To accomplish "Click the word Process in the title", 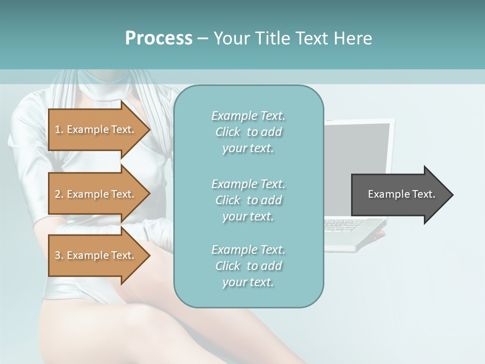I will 159,38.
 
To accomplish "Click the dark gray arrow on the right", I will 399,194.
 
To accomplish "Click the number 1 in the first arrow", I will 58,129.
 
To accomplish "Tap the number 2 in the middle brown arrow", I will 58,194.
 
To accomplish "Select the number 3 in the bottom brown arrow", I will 58,255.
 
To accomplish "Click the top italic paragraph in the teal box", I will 248,132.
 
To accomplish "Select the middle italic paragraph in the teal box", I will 248,200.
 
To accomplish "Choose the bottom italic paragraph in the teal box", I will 248,266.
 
